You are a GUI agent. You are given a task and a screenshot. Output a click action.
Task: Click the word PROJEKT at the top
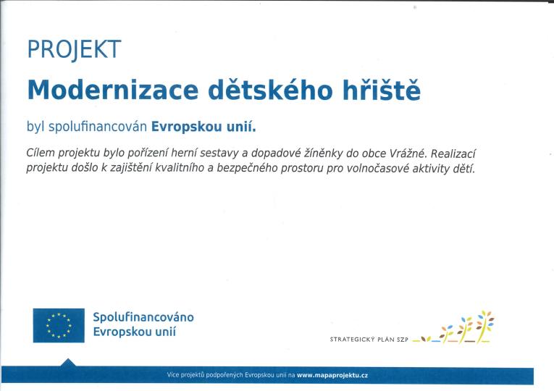click(x=73, y=49)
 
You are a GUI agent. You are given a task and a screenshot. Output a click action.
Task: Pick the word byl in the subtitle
click(x=35, y=127)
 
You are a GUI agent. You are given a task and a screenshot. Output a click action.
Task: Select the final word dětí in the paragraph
click(x=463, y=169)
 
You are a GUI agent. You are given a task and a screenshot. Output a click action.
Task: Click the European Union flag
click(x=58, y=325)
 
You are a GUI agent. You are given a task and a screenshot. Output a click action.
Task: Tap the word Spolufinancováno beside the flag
click(x=143, y=317)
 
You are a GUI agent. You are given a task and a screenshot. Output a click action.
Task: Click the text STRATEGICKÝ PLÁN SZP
click(x=369, y=339)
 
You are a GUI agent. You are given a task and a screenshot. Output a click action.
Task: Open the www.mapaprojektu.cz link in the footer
click(x=332, y=376)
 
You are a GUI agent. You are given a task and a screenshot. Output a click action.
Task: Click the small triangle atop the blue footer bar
click(x=68, y=363)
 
